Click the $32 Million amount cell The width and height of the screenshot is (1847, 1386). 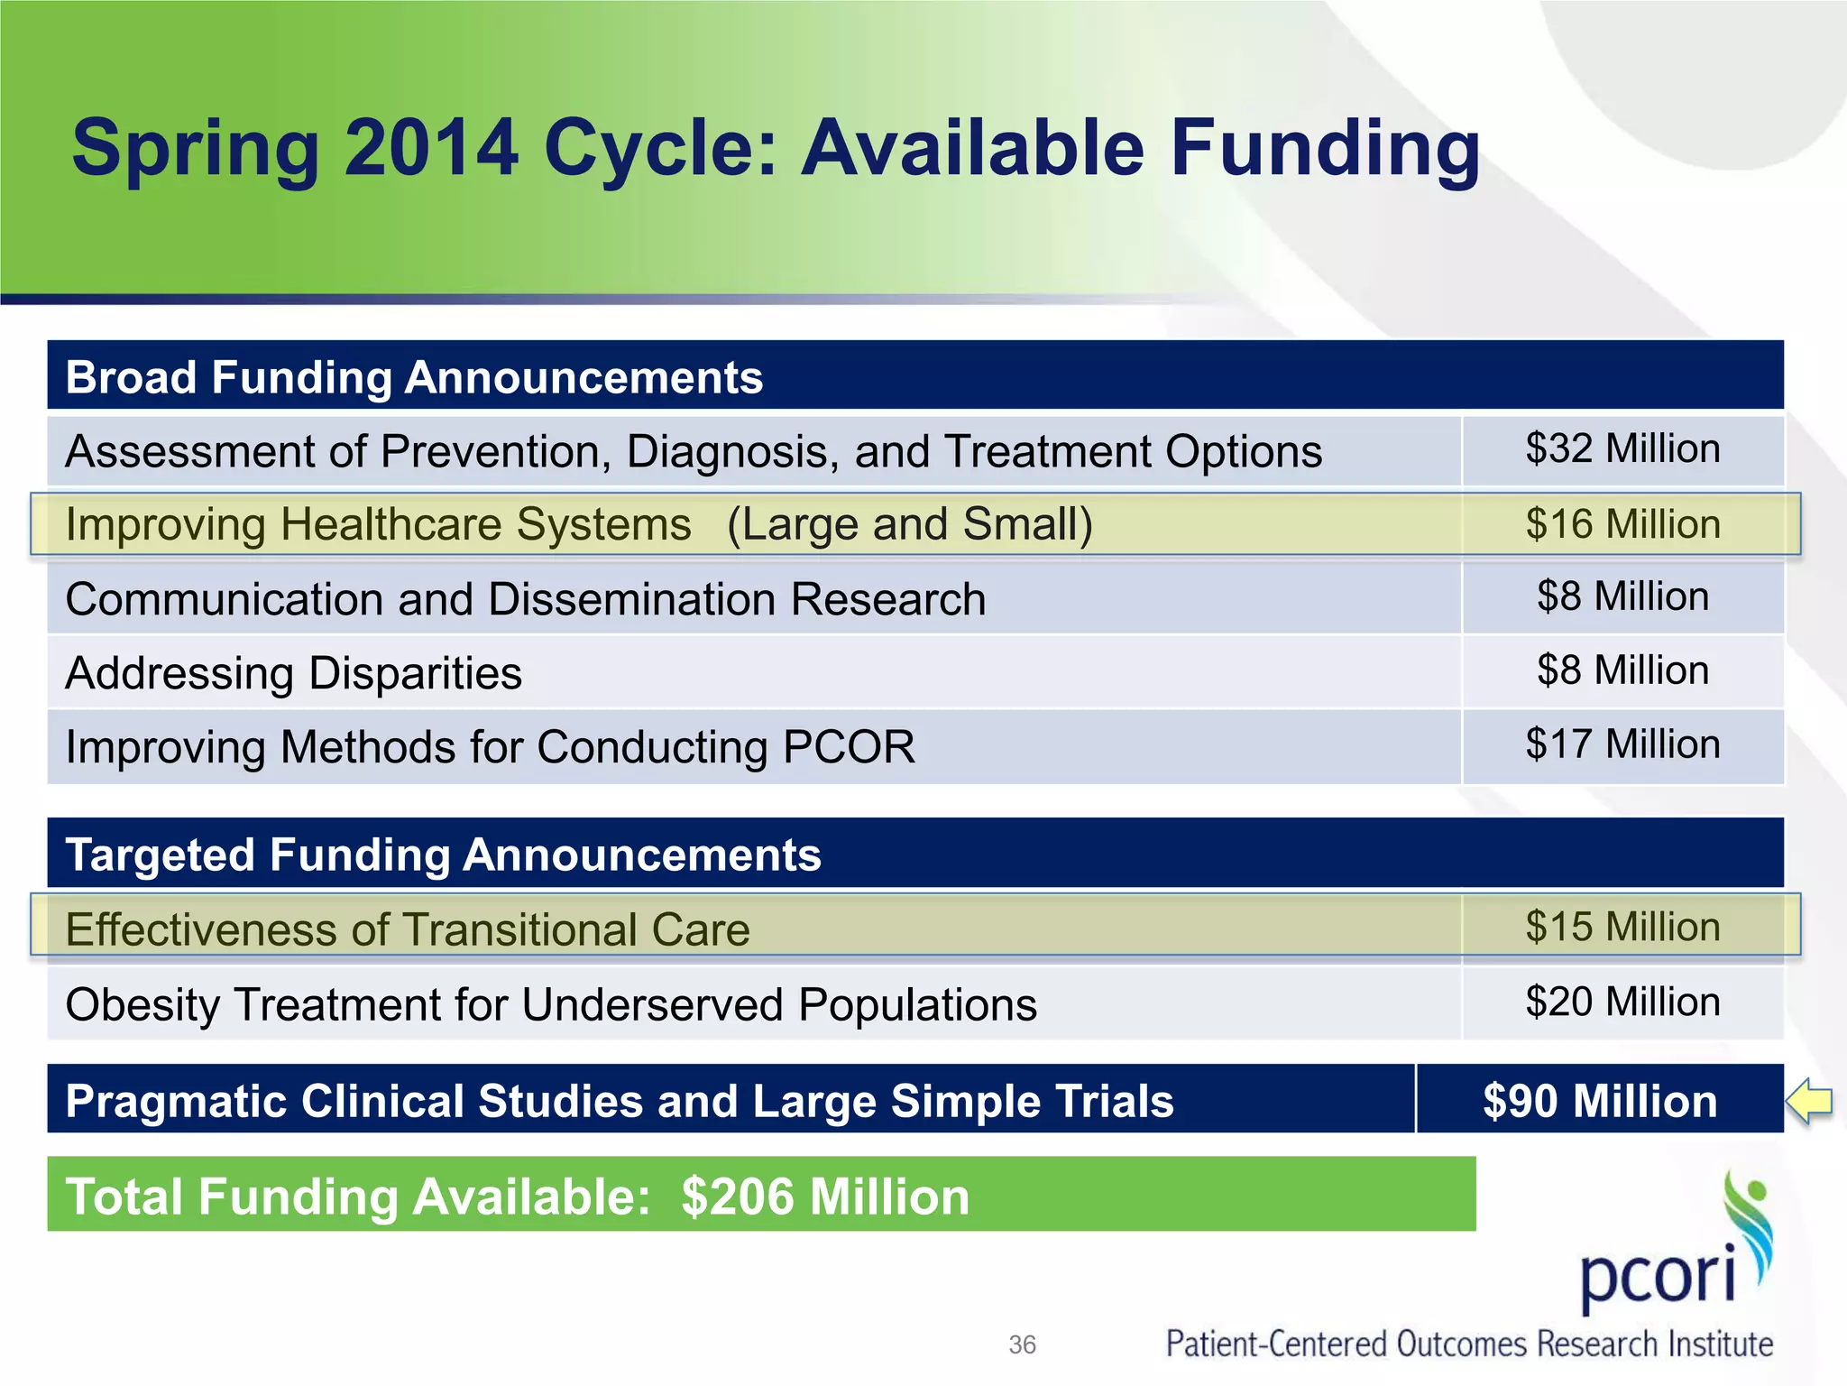click(x=1622, y=449)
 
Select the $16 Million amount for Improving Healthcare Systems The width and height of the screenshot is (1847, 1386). click(x=1622, y=524)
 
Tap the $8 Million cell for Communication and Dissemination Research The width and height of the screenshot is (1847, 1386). click(x=1622, y=597)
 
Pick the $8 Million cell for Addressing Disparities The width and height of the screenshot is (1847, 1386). click(x=1622, y=671)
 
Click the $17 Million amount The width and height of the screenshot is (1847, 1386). click(x=1622, y=745)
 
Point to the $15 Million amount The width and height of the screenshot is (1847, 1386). click(x=1622, y=928)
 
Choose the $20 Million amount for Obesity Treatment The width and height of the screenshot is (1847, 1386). click(x=1622, y=1003)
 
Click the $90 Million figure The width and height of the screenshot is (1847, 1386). click(x=1600, y=1101)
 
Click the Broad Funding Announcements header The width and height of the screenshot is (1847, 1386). click(x=414, y=377)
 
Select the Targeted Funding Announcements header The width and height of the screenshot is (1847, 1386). click(x=443, y=855)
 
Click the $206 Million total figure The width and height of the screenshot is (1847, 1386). click(x=824, y=1197)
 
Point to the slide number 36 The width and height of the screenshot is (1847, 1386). click(x=1022, y=1344)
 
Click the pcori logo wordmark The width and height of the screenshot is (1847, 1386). click(x=1658, y=1274)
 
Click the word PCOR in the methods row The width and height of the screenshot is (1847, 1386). click(x=848, y=747)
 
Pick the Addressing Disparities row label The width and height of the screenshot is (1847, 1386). click(x=294, y=673)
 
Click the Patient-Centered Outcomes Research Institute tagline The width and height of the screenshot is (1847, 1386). click(x=1469, y=1344)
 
